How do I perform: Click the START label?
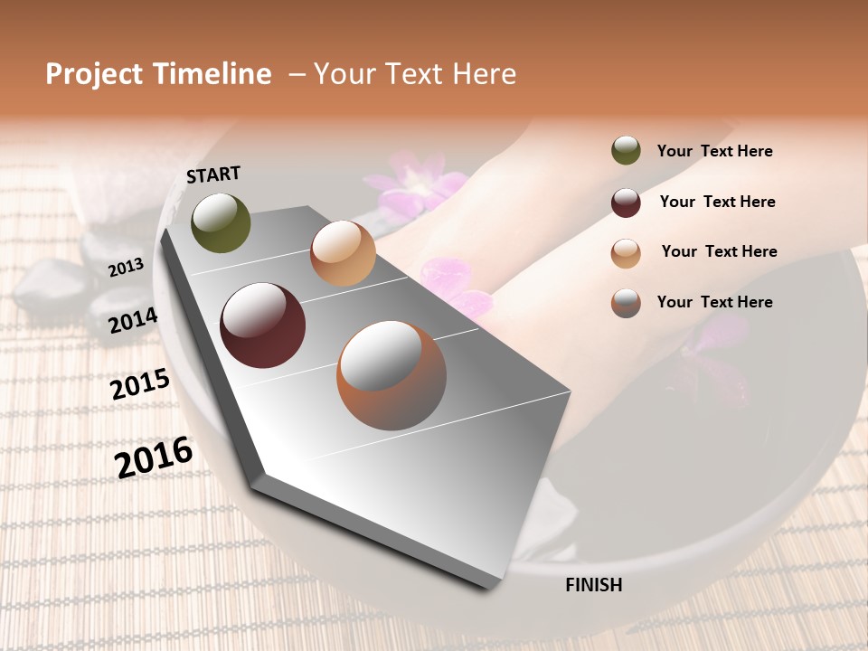(213, 175)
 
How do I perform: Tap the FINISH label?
(593, 585)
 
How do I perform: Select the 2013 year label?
(126, 267)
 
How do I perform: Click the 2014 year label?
(133, 321)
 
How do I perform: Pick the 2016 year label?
(154, 457)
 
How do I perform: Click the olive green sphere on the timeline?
(221, 222)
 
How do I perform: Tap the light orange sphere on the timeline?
(343, 253)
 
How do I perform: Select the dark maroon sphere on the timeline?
(263, 325)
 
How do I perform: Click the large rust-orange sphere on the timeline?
(392, 375)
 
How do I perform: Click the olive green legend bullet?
(626, 151)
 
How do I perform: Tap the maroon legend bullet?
(626, 203)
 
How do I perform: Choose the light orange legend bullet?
(626, 253)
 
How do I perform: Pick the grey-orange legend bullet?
(626, 303)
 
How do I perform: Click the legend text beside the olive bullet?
(714, 152)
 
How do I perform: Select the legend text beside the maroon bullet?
(717, 202)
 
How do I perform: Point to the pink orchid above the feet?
(416, 181)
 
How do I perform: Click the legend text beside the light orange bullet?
(719, 251)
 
